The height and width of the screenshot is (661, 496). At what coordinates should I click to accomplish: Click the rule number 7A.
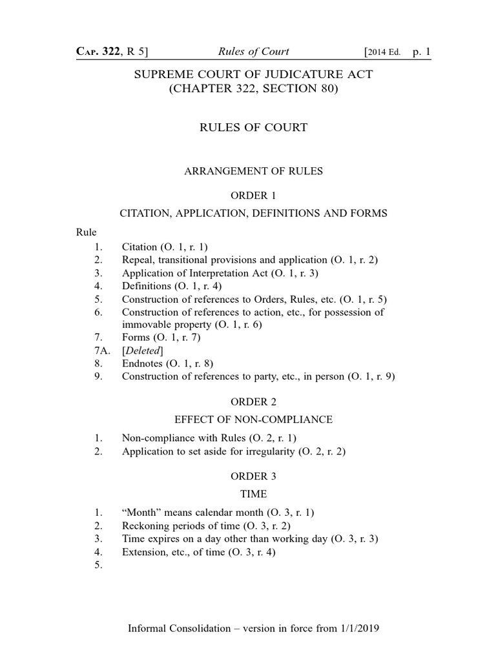[x=98, y=350]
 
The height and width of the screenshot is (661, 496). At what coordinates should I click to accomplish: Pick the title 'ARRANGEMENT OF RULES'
[x=253, y=171]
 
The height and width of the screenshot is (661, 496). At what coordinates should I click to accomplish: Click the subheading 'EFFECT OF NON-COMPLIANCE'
[x=253, y=420]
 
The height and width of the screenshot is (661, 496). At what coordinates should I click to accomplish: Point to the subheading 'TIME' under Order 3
[x=253, y=494]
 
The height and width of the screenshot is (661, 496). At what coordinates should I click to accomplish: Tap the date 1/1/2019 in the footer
[x=355, y=628]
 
